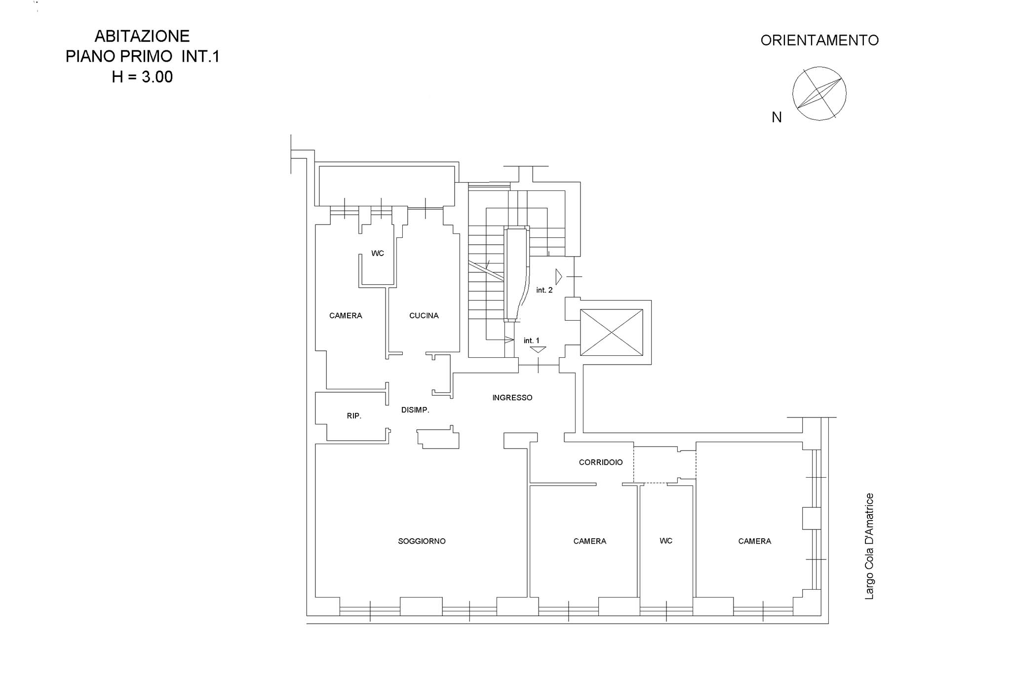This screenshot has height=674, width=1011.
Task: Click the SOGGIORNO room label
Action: (422, 541)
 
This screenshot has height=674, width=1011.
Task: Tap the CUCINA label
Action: (424, 316)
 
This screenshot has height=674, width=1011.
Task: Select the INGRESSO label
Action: (512, 398)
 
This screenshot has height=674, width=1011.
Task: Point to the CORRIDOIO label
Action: (601, 462)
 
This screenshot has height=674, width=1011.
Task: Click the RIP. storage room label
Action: (354, 416)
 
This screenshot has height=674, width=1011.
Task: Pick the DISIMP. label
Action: (415, 410)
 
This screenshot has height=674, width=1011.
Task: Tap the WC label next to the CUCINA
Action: (378, 254)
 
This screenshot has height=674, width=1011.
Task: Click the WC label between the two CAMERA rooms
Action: (666, 541)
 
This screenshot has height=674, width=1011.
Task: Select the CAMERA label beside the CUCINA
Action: (346, 316)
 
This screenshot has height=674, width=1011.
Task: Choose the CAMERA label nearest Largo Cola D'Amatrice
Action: (754, 541)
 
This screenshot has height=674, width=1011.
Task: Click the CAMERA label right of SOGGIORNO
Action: (589, 541)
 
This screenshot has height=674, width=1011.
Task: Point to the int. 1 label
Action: (532, 340)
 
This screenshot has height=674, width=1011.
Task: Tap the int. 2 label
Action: (544, 290)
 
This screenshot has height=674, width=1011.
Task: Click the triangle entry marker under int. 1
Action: (538, 349)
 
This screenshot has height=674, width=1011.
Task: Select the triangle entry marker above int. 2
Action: (558, 277)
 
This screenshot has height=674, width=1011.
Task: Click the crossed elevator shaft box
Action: (612, 332)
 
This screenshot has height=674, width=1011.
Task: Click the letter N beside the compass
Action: (777, 117)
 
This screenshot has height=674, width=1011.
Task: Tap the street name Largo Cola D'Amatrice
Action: (869, 547)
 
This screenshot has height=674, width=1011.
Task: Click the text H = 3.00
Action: (142, 77)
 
